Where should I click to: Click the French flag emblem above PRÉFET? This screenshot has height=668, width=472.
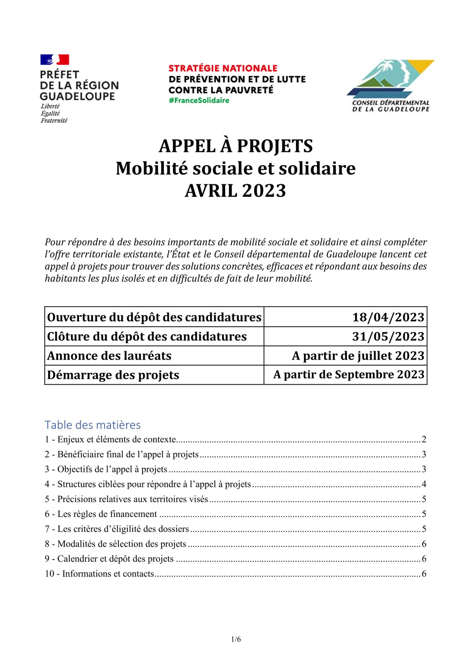pyautogui.click(x=55, y=60)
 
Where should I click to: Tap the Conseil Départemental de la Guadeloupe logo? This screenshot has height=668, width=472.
pyautogui.click(x=391, y=86)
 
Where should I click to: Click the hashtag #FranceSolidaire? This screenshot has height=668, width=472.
pyautogui.click(x=199, y=101)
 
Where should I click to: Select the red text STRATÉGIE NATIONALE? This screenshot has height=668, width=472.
pyautogui.click(x=223, y=68)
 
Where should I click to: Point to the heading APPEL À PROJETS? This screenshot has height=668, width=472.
pyautogui.click(x=236, y=146)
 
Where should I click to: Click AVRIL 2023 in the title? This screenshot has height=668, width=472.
pyautogui.click(x=235, y=191)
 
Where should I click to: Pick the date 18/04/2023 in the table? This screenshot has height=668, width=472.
pyautogui.click(x=388, y=317)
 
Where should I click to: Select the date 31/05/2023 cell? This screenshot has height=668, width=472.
pyautogui.click(x=388, y=336)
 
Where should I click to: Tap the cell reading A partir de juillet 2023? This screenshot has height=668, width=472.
pyautogui.click(x=358, y=356)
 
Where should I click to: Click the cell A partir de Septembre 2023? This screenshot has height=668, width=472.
pyautogui.click(x=349, y=375)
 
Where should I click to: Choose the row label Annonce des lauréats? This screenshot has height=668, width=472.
pyautogui.click(x=109, y=356)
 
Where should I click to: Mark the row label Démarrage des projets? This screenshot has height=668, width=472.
pyautogui.click(x=113, y=375)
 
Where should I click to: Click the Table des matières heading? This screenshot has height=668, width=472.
pyautogui.click(x=93, y=425)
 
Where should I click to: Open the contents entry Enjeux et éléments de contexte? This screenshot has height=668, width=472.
pyautogui.click(x=116, y=439)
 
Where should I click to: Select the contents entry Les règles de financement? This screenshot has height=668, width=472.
pyautogui.click(x=107, y=514)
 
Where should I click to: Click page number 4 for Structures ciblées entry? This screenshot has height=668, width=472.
pyautogui.click(x=424, y=484)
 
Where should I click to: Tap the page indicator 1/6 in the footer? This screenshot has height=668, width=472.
pyautogui.click(x=236, y=639)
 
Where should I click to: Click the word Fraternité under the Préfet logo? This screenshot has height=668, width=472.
pyautogui.click(x=54, y=121)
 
